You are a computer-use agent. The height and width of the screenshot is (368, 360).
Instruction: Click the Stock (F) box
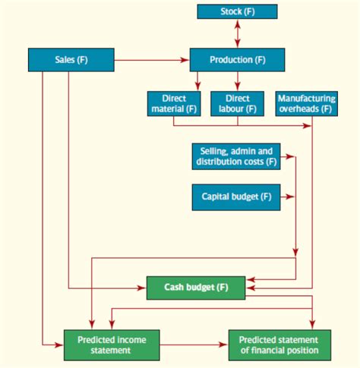[x=237, y=11]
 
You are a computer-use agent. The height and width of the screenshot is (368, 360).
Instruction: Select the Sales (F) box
[x=71, y=59]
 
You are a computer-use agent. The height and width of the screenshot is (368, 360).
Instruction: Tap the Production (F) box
[x=237, y=59]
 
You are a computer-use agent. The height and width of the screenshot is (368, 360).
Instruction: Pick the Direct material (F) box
[x=175, y=104]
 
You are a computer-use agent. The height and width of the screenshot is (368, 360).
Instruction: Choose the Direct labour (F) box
[x=237, y=104]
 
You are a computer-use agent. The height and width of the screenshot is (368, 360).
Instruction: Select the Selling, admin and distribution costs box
[x=236, y=156]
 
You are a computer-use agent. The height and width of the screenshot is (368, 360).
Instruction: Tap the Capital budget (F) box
[x=236, y=197]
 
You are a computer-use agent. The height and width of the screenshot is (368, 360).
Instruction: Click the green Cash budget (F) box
[x=196, y=288]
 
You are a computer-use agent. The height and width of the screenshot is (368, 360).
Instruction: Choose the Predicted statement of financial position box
[x=279, y=345]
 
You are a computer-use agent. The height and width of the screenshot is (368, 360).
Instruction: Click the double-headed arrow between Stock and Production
[x=237, y=33]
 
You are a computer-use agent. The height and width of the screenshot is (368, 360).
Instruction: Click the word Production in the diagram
[x=230, y=59]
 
